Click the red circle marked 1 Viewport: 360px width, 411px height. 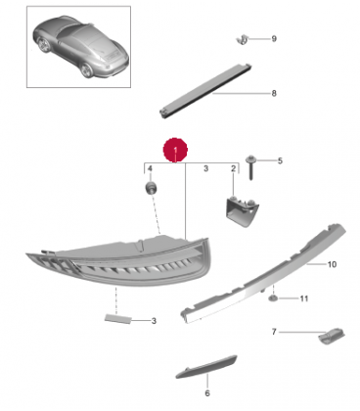(x=175, y=150)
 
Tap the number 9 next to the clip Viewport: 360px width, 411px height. (x=274, y=39)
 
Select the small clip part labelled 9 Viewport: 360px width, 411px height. (x=243, y=40)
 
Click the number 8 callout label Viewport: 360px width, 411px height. (x=274, y=93)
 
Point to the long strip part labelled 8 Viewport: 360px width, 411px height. (x=205, y=90)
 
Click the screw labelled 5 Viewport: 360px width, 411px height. (x=250, y=167)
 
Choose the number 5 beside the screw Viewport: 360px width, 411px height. (x=280, y=160)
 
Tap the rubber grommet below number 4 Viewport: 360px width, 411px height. (x=151, y=188)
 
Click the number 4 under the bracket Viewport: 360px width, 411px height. (x=150, y=168)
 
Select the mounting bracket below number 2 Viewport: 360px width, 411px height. (x=241, y=210)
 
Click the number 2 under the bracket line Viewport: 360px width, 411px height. (x=233, y=168)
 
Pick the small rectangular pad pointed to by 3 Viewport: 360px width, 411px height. (x=117, y=319)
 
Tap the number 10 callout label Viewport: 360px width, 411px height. (x=332, y=264)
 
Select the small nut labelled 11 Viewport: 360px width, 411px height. (x=273, y=297)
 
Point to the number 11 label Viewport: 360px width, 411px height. (x=303, y=298)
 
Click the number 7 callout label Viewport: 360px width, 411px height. (x=274, y=332)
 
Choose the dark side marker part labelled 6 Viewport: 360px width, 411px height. (x=206, y=367)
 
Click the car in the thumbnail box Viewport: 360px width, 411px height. (x=80, y=45)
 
